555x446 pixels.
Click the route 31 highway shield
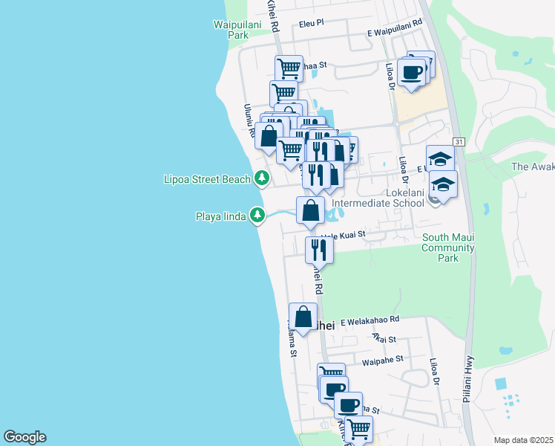point(460,141)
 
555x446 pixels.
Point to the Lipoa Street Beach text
point(206,179)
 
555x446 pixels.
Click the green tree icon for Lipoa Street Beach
point(261,178)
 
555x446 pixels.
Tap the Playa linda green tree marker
point(257,216)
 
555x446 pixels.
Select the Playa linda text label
point(220,216)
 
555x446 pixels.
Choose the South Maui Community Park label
point(447,248)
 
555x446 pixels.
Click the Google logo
point(24,437)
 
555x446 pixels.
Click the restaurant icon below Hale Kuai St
point(319,249)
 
